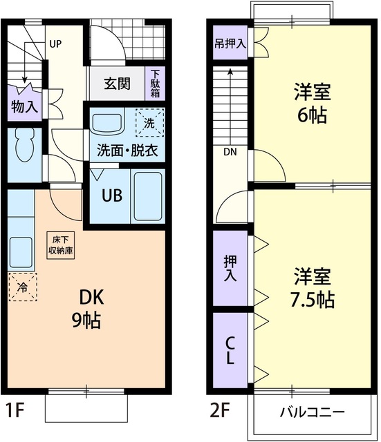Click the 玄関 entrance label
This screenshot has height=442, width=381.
coord(117,84)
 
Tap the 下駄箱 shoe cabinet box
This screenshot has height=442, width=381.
coord(156,84)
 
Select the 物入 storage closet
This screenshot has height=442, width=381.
coord(24,106)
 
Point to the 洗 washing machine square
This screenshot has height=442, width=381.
coord(150,124)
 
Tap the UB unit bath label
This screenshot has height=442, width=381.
coord(112,195)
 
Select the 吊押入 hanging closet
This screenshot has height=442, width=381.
coord(230,44)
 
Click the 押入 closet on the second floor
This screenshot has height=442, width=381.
coord(230,267)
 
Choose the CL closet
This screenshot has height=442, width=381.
coord(230,350)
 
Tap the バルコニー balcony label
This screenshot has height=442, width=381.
coord(312,413)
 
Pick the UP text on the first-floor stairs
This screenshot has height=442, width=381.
coord(55,43)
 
